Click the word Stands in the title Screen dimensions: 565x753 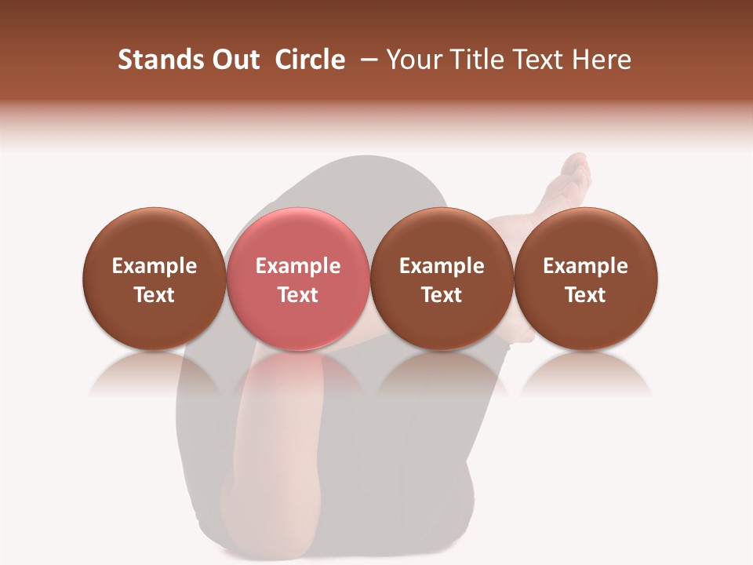pos(154,60)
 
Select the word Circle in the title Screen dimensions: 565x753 pos(310,60)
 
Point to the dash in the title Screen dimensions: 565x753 pos(367,60)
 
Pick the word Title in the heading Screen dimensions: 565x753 pos(471,60)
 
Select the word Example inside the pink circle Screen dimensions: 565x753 pos(298,266)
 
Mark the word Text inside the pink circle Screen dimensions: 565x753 pos(298,295)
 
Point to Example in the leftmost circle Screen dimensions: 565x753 pos(155,266)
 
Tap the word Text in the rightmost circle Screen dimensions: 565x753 pos(586,295)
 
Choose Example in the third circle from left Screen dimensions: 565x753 pos(442,266)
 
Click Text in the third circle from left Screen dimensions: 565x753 pos(442,295)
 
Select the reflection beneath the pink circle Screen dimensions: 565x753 pos(298,375)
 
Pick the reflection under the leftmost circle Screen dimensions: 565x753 pos(155,375)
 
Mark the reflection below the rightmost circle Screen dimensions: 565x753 pos(586,375)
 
